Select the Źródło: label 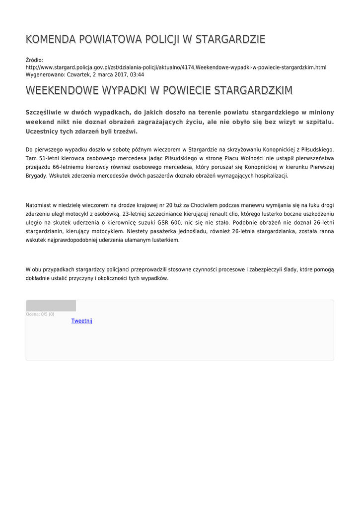pos(34,60)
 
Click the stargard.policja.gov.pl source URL pos(176,67)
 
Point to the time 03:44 pos(137,74)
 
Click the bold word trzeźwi pos(126,131)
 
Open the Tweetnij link pos(82,321)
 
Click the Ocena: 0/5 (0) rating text pos(40,314)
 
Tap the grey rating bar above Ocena pos(51,306)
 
